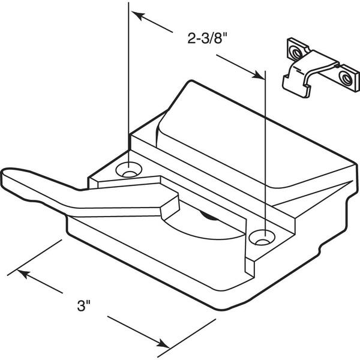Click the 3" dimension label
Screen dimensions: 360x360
click(84, 305)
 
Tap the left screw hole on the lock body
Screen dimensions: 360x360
click(129, 170)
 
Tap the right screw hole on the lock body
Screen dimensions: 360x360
click(262, 238)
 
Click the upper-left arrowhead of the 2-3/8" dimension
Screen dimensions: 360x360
click(139, 16)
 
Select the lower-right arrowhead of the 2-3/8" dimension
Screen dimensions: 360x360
click(257, 74)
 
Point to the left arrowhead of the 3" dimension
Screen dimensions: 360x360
click(24, 274)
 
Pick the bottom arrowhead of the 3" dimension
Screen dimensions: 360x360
click(163, 344)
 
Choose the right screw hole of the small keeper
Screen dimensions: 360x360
click(345, 77)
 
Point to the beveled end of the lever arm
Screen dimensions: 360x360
click(170, 205)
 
